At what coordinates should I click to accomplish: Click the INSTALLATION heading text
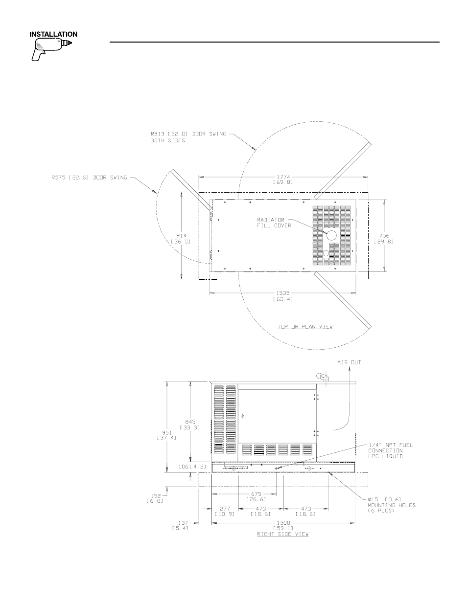pos(54,35)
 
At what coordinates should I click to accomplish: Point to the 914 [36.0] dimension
pos(180,238)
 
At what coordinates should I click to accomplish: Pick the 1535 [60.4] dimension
pos(283,295)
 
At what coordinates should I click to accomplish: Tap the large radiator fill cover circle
pos(331,236)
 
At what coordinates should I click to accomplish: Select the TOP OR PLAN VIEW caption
pos(305,327)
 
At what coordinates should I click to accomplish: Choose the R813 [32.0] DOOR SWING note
pos(189,137)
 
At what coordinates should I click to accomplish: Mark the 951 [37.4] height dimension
pos(167,435)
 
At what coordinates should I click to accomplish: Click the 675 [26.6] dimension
pos(257,496)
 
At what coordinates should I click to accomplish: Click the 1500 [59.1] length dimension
pos(283,525)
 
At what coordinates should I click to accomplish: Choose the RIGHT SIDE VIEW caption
pos(283,534)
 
